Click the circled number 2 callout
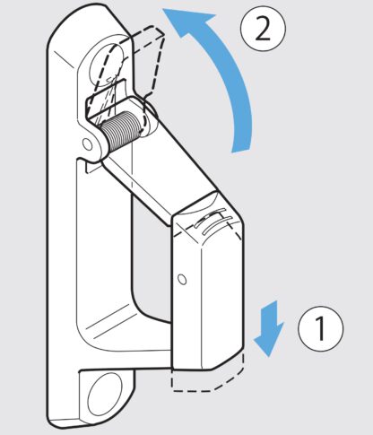tap(263, 29)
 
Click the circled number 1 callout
tap(321, 328)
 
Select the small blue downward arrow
tap(269, 328)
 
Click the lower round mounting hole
tap(105, 395)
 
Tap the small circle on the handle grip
tap(182, 279)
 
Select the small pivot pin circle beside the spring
tap(88, 144)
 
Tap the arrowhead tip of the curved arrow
tap(163, 9)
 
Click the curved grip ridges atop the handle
tap(213, 222)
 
